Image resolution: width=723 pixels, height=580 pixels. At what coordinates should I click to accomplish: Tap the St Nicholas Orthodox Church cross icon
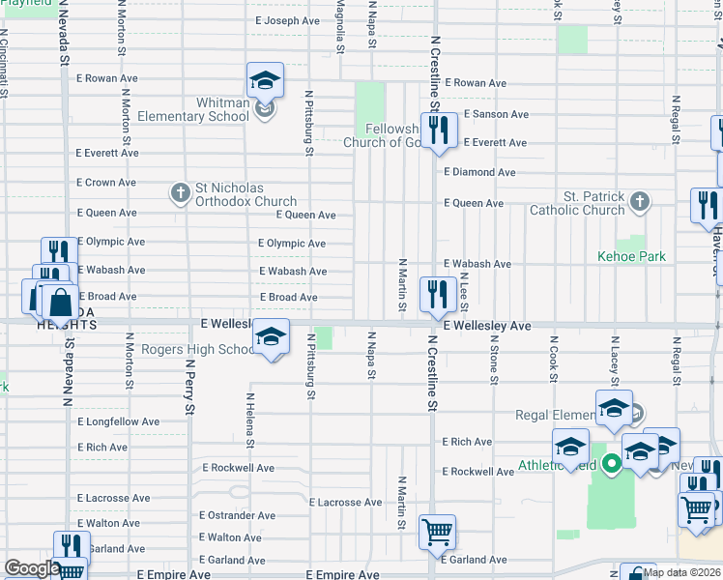[x=180, y=193]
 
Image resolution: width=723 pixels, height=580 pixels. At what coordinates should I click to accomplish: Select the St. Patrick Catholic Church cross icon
[x=638, y=202]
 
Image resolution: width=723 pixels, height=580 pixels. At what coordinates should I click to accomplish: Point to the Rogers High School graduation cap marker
[x=272, y=337]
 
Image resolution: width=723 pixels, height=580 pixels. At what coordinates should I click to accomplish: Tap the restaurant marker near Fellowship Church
[x=440, y=130]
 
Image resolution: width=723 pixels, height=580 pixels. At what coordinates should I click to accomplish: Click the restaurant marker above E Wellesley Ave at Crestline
[x=438, y=294]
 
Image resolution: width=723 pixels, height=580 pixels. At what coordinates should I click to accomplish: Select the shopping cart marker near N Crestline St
[x=437, y=531]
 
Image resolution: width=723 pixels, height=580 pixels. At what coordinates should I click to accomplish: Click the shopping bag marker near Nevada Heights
[x=60, y=303]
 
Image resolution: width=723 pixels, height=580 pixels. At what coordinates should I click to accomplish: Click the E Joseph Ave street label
[x=287, y=20]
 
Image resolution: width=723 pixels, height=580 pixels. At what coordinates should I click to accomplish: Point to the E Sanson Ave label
[x=496, y=114]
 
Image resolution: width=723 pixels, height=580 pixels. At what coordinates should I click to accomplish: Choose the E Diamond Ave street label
[x=479, y=172]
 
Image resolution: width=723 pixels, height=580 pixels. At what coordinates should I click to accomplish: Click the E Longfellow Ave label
[x=118, y=422]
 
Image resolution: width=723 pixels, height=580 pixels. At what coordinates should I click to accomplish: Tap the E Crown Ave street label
[x=106, y=183]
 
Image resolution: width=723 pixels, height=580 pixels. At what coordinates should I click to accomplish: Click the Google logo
[x=32, y=568]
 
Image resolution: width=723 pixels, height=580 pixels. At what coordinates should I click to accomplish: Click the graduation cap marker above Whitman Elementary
[x=265, y=81]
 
